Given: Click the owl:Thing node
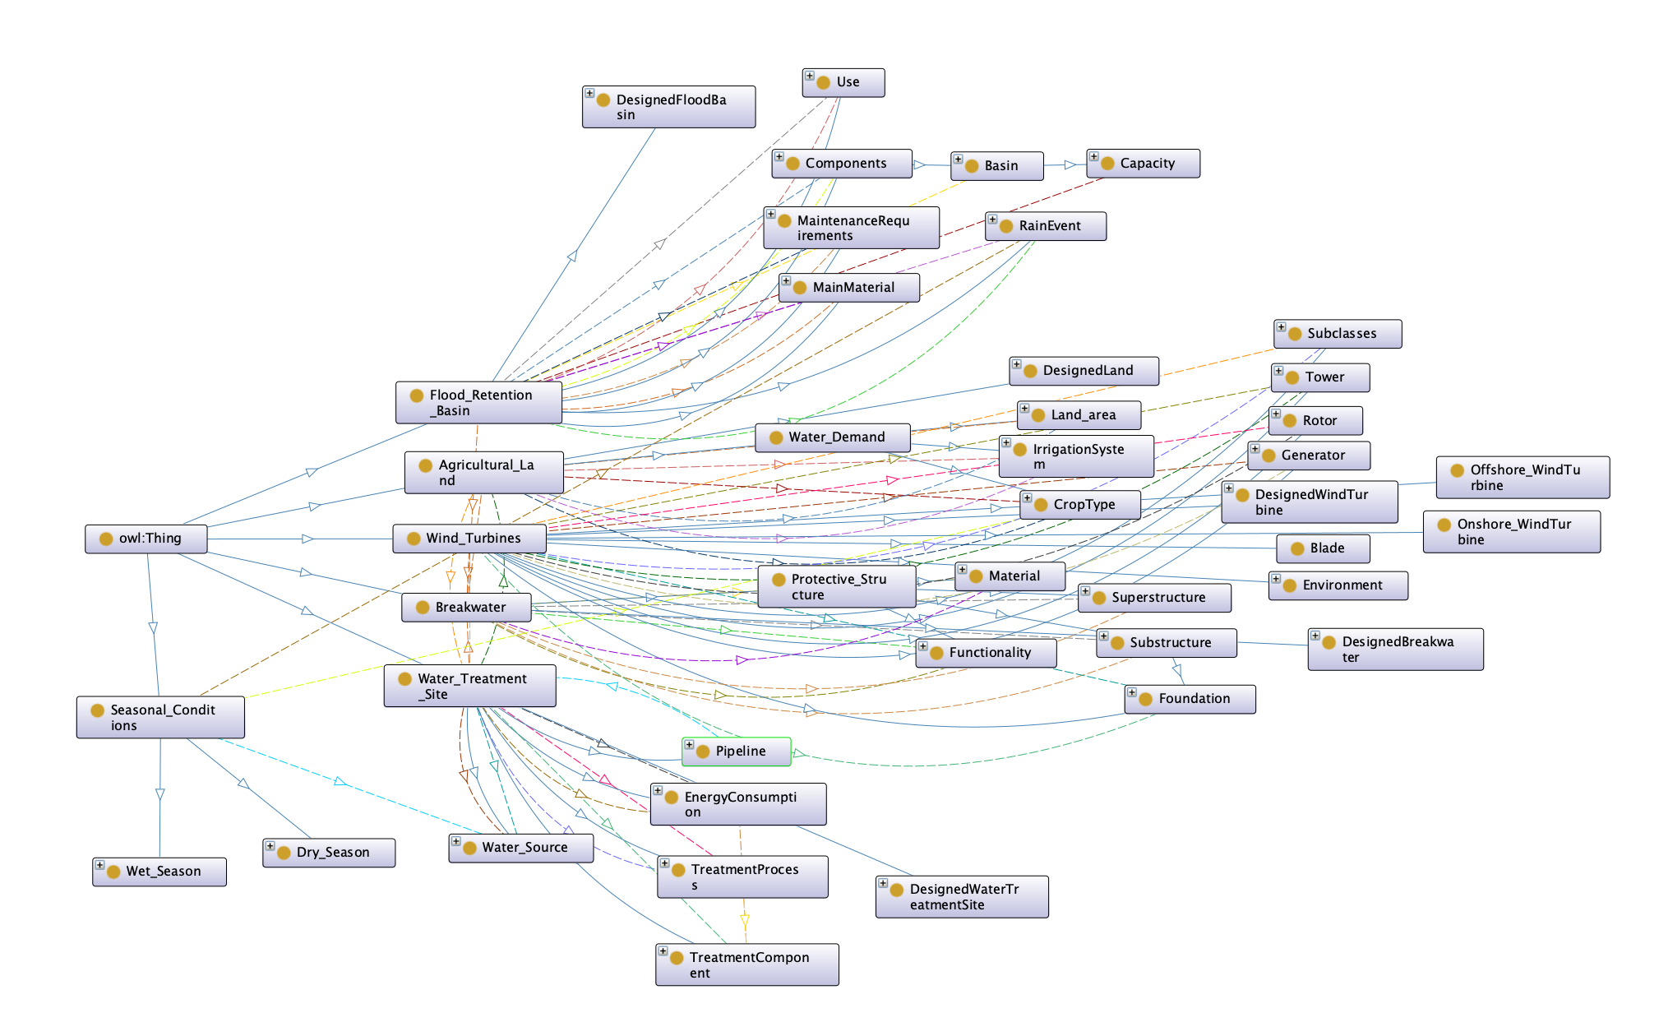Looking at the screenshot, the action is click(x=146, y=539).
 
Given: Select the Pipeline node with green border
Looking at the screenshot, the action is click(x=737, y=752).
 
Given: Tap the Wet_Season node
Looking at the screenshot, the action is click(x=159, y=872).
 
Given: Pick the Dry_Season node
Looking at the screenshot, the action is click(x=329, y=853).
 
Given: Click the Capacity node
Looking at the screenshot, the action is click(x=1144, y=164).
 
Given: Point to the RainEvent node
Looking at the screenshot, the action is click(x=1046, y=226).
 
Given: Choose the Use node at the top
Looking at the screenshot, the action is click(x=843, y=83).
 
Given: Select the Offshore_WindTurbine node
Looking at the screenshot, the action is click(x=1523, y=478).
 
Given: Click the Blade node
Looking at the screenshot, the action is click(x=1324, y=548).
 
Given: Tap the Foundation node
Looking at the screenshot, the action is click(x=1190, y=699).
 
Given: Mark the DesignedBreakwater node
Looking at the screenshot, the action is click(x=1396, y=650).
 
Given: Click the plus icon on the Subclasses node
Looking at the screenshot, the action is click(x=1281, y=327).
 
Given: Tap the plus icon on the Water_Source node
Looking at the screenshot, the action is click(x=455, y=841).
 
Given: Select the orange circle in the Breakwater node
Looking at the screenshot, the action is click(x=423, y=608).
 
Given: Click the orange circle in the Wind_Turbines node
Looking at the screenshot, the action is click(x=414, y=539).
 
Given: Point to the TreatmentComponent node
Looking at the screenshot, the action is click(x=747, y=964).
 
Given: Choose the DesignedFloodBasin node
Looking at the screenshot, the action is click(x=669, y=107).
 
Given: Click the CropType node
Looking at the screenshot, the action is click(x=1080, y=505).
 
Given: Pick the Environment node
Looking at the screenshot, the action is click(x=1338, y=585).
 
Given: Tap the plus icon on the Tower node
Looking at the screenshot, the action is click(x=1278, y=371).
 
